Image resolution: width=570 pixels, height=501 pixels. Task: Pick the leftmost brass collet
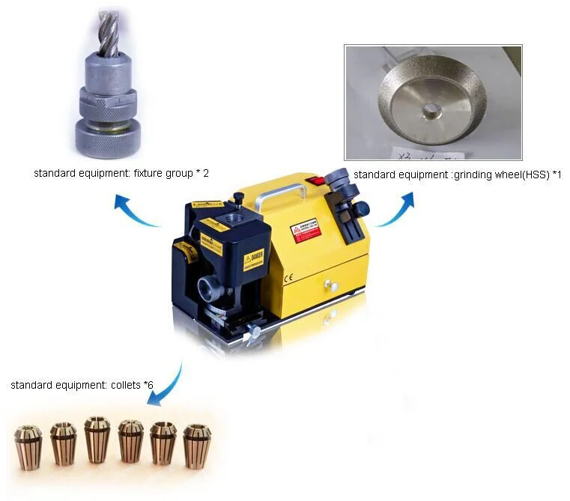coord(28,446)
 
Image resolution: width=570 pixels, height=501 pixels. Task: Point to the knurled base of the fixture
coord(109,139)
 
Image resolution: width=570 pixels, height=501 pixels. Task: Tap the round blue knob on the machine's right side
coord(361,208)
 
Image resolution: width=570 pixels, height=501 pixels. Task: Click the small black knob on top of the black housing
coord(238,198)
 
